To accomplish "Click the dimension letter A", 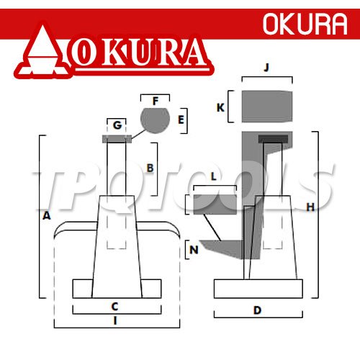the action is click(47, 216).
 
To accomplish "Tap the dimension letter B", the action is click(150, 168).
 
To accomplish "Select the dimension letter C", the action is click(115, 307).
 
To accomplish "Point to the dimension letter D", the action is click(258, 310).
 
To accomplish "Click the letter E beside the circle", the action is click(181, 120).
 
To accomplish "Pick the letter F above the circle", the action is click(156, 101).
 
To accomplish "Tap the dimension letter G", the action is click(117, 125).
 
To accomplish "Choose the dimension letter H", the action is click(310, 207).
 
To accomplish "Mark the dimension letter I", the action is click(115, 320).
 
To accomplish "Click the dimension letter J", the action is click(266, 68).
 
